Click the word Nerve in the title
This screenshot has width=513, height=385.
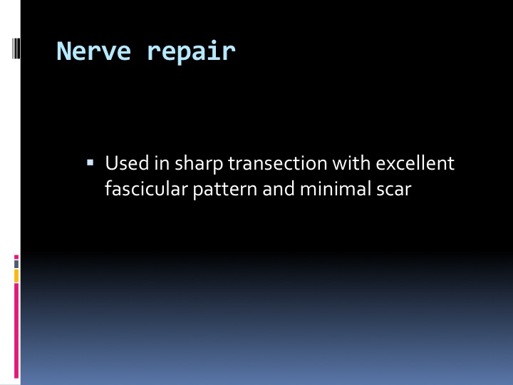coord(93,51)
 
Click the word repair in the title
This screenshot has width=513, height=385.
coord(192,52)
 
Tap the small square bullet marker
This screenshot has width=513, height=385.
coord(90,163)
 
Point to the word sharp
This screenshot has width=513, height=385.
coord(199,164)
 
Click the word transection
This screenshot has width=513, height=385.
coord(277,163)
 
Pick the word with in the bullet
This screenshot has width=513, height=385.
coord(351,163)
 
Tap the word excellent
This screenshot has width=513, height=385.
coord(415,163)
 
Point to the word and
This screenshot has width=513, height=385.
coord(279,189)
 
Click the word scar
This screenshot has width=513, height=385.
coord(393,190)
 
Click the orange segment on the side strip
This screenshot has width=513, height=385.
coord(16,276)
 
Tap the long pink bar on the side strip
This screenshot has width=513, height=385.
coord(16,331)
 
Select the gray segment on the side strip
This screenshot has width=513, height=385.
coord(16,264)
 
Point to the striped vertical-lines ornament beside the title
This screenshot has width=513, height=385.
coord(16,48)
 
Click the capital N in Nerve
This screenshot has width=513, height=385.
coord(64,51)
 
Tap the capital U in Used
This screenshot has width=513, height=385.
coord(111,163)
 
